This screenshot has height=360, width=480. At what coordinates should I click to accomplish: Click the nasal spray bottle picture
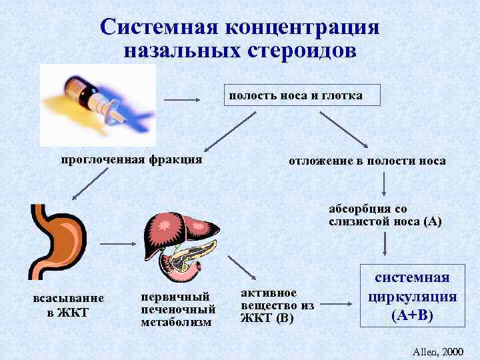[97, 104]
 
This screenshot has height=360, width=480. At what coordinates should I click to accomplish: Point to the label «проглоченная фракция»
[131, 159]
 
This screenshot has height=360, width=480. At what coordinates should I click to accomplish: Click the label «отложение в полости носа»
[367, 161]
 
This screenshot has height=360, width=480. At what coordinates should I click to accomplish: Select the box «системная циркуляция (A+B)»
[412, 297]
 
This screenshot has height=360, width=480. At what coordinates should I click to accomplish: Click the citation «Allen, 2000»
[437, 350]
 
